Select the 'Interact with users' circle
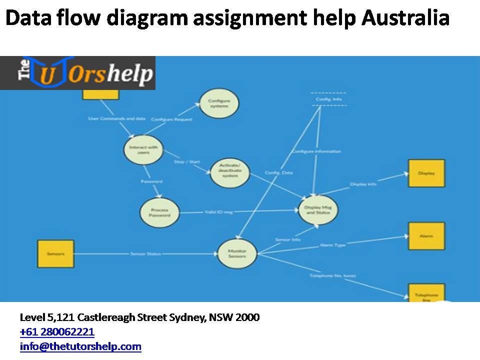coord(143,149)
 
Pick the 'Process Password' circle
coord(159,212)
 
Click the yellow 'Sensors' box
coord(55,253)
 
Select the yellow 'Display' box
coord(426,173)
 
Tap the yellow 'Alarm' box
coord(426,236)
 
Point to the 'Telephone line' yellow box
coord(426,293)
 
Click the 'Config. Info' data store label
coord(328,99)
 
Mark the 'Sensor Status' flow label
coord(145,254)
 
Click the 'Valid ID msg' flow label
coord(218,212)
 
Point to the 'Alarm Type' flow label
coord(332,245)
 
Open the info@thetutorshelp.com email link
coord(80,346)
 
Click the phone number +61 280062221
coord(57,332)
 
